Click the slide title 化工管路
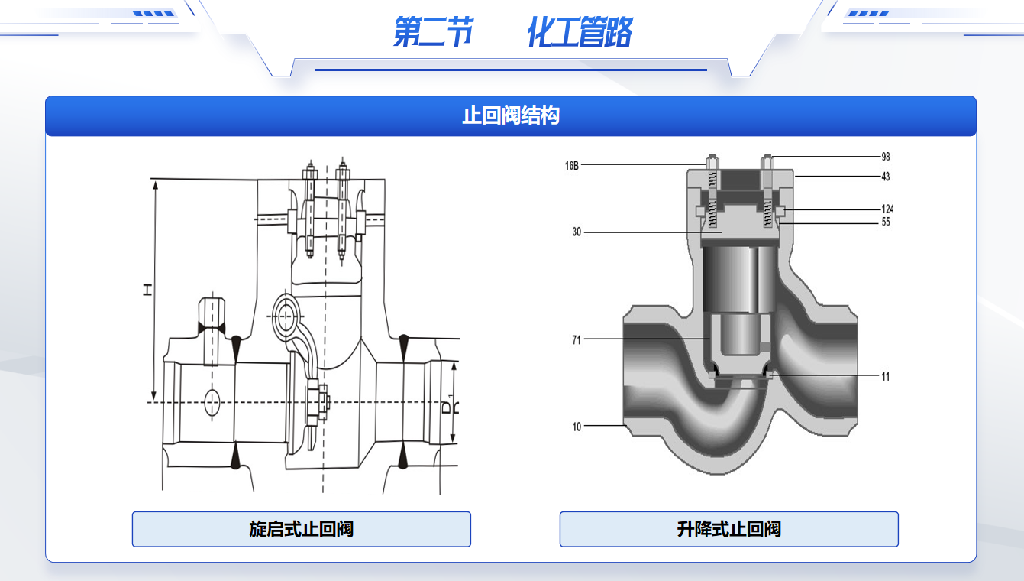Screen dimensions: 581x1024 (580, 33)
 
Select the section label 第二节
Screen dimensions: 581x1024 (432, 33)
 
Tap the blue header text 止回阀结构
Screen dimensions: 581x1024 (511, 115)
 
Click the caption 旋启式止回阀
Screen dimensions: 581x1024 (301, 529)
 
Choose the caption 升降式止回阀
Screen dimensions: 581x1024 (728, 529)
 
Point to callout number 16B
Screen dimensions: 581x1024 (572, 165)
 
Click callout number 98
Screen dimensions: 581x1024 (885, 157)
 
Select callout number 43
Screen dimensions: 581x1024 (885, 177)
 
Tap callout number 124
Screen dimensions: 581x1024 (887, 209)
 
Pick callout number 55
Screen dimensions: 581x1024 (885, 222)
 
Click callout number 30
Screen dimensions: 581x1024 (577, 232)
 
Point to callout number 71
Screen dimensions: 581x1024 (577, 339)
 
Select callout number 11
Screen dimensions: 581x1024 (885, 376)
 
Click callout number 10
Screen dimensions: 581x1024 (577, 426)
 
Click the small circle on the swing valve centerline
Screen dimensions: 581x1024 (212, 401)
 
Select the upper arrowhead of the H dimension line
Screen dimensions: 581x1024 (154, 186)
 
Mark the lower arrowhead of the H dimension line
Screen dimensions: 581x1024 (154, 395)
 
